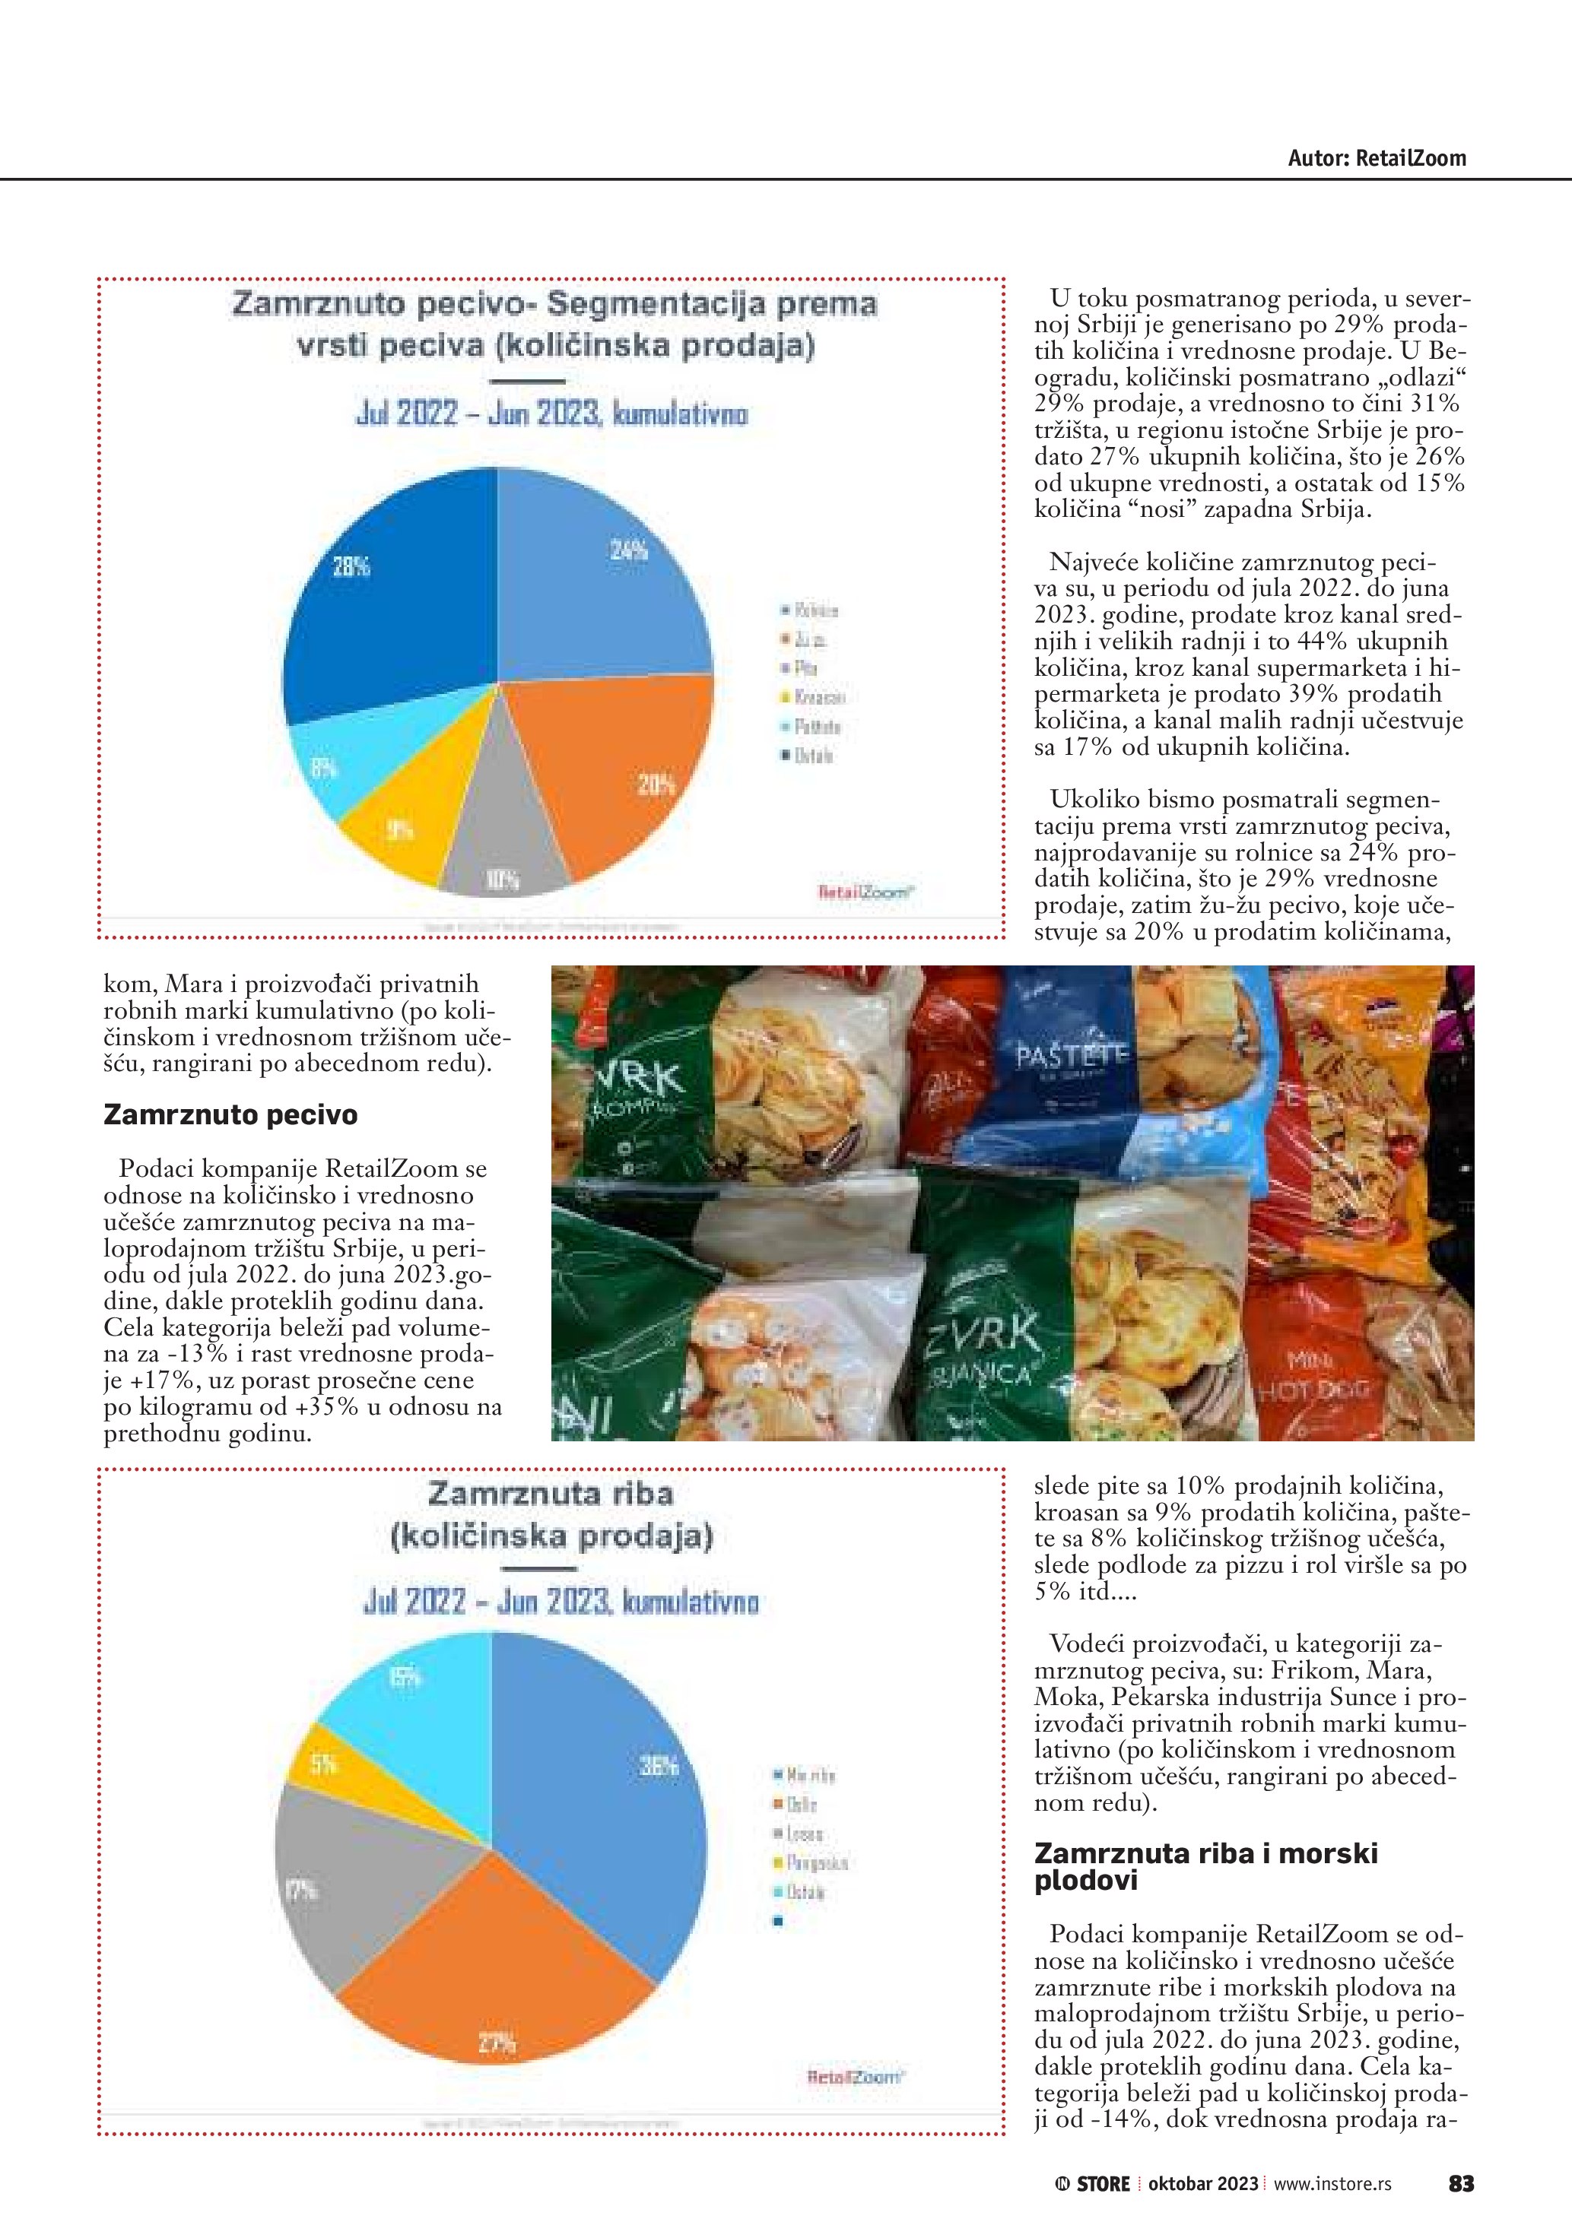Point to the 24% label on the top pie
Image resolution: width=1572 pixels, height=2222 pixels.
[x=628, y=550]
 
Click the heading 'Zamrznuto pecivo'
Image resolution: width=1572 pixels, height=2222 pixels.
[x=230, y=1115]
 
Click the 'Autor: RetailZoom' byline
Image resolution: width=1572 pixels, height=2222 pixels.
[x=1376, y=159]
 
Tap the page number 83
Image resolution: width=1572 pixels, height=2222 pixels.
[x=1461, y=2184]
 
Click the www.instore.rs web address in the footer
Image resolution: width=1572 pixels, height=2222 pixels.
[x=1332, y=2184]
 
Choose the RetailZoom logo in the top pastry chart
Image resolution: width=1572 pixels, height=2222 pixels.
[x=865, y=892]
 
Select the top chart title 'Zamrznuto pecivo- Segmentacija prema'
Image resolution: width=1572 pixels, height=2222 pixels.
[x=554, y=304]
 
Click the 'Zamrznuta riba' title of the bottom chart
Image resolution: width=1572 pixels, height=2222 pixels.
[x=550, y=1493]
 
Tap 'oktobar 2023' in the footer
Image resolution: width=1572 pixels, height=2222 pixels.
[x=1203, y=2184]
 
